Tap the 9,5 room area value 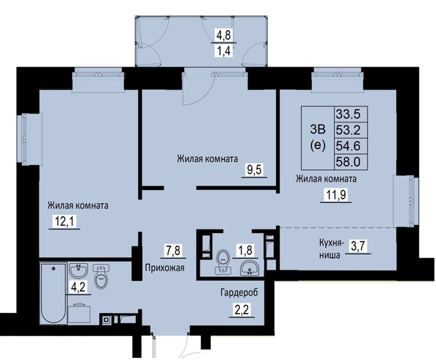point(255,169)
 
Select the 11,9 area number point(336,195)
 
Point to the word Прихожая point(164,268)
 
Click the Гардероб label point(239,293)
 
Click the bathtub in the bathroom point(54,293)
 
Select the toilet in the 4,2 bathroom point(102,277)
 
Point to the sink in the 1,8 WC point(250,268)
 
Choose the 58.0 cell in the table point(348,161)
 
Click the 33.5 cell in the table point(348,114)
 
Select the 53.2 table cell point(348,130)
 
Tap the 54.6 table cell point(348,146)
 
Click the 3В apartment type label point(317,129)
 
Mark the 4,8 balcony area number point(224,36)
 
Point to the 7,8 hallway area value point(173,250)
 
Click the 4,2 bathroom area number point(78,287)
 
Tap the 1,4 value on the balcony point(224,51)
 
